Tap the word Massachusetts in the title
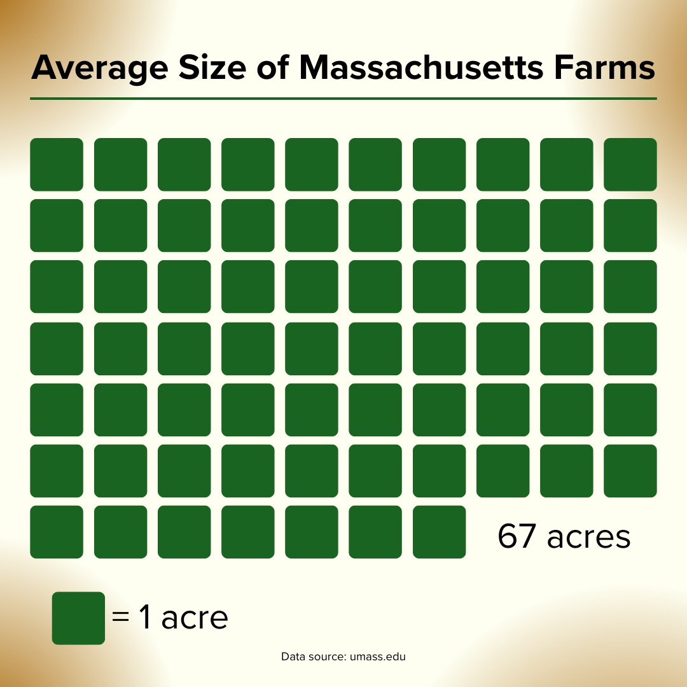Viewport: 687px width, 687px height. [x=422, y=67]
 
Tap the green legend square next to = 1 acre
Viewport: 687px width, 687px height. [x=78, y=618]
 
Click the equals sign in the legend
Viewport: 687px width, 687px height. [x=120, y=618]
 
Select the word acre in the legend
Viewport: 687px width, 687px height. [x=195, y=618]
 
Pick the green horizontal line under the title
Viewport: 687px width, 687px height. [x=343, y=99]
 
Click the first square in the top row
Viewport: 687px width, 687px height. [x=57, y=164]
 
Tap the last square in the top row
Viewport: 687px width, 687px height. [x=630, y=164]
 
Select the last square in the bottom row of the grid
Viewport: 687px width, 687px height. [x=439, y=532]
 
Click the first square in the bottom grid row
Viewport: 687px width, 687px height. [x=57, y=532]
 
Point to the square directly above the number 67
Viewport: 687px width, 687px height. [x=503, y=471]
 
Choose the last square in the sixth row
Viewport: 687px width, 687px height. [x=630, y=471]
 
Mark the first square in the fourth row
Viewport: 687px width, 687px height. [x=57, y=348]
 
